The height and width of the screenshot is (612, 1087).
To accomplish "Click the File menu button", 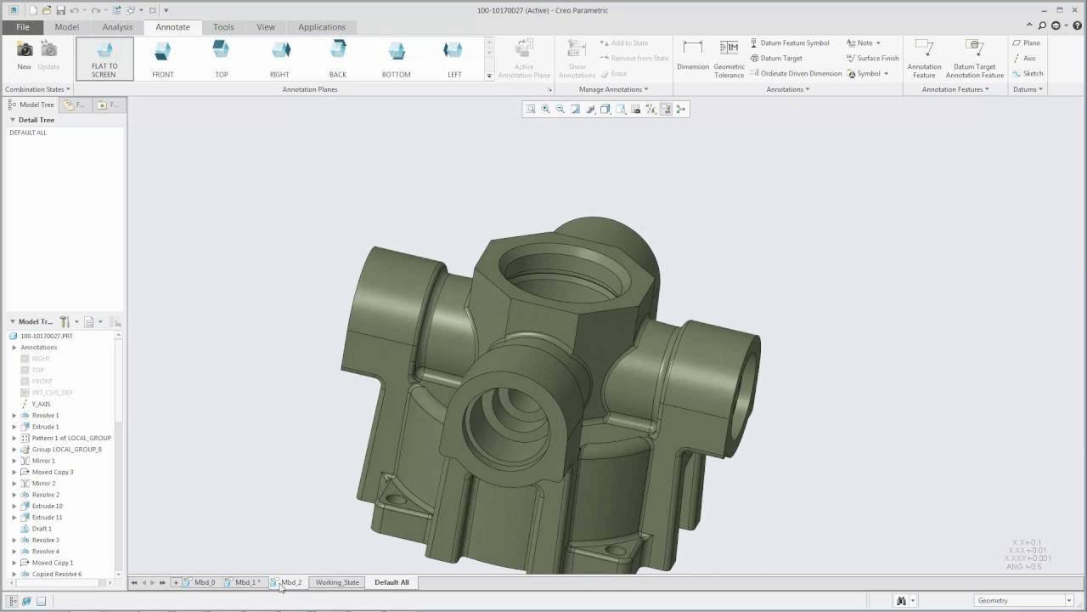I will pyautogui.click(x=22, y=27).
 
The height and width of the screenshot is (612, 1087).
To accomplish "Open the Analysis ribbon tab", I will pyautogui.click(x=117, y=27).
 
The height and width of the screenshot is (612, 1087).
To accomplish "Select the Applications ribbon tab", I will pyautogui.click(x=321, y=27).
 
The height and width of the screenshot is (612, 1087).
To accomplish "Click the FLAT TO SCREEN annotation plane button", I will pyautogui.click(x=104, y=59).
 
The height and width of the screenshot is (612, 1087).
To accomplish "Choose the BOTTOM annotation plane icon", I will pyautogui.click(x=396, y=59).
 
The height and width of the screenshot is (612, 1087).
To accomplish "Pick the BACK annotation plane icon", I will pyautogui.click(x=338, y=59).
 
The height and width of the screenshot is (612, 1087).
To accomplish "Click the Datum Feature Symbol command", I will pyautogui.click(x=790, y=43).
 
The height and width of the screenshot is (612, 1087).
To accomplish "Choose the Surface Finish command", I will pyautogui.click(x=873, y=59).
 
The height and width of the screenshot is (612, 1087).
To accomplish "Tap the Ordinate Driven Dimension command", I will pyautogui.click(x=796, y=74).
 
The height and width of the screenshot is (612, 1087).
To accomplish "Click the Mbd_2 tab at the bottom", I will pyautogui.click(x=290, y=582).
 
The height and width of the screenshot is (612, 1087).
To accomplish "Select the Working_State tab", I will pyautogui.click(x=337, y=582).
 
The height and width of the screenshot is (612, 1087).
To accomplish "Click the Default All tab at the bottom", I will pyautogui.click(x=391, y=582).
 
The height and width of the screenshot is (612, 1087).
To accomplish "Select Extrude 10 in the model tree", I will pyautogui.click(x=47, y=506).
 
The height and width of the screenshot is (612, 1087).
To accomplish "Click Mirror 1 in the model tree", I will pyautogui.click(x=43, y=461).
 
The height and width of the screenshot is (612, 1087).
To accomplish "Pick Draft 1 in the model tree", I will pyautogui.click(x=42, y=529).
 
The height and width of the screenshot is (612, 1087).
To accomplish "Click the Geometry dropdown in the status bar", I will pyautogui.click(x=1023, y=601).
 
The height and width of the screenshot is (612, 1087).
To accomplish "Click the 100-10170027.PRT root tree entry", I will pyautogui.click(x=46, y=336).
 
